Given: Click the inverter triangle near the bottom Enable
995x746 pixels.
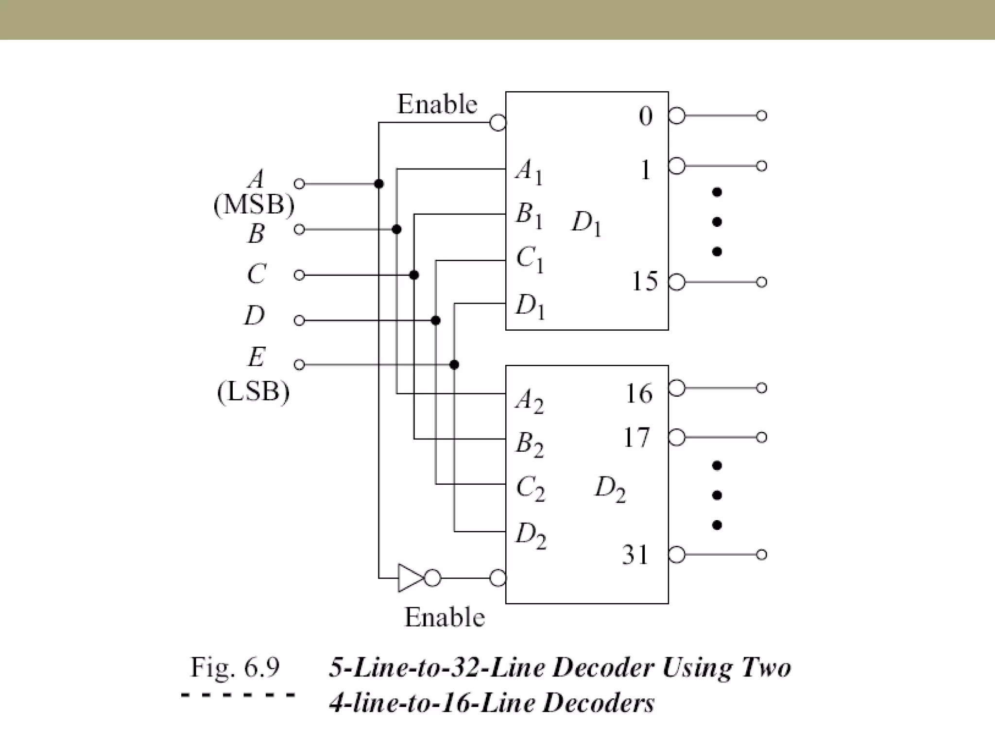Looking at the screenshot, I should pos(409,578).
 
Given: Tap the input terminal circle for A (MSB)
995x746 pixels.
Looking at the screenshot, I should pos(299,184).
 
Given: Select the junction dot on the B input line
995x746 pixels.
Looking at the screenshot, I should pos(396,229).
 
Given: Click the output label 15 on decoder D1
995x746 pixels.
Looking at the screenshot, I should pos(645,281).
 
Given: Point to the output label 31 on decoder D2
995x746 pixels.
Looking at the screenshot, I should pos(635,555).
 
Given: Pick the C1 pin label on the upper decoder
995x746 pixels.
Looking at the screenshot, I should pos(530,259).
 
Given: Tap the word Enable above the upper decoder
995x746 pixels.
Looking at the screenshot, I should pos(437,104).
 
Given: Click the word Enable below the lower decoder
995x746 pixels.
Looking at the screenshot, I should pos(445,617).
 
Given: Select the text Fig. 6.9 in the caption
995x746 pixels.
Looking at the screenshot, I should pos(235,667).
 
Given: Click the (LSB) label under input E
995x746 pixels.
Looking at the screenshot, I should pos(253,391).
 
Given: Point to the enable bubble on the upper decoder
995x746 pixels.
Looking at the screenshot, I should pos(497,122).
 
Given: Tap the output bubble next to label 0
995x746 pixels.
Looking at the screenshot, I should pos(677,116).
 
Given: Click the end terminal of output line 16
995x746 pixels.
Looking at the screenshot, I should pos(762,388).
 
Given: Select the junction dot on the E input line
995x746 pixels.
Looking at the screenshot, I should pos(454,364).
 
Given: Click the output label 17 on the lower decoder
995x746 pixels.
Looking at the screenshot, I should pos(636,438).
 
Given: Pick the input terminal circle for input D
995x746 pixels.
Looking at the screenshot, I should pos(299,321).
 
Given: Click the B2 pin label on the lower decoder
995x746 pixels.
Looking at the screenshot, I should pos(529,444).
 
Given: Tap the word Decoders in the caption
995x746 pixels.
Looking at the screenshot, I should pos(598,703).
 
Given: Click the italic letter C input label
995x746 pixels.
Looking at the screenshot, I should pos(256,274).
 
